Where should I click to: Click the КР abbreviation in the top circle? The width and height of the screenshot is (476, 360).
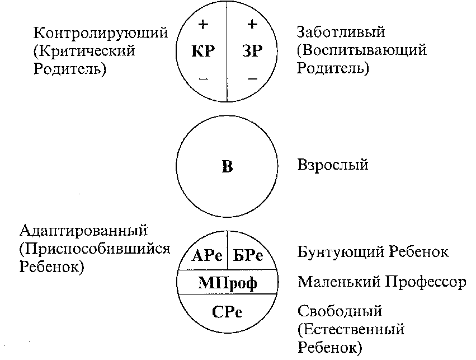click(x=203, y=51)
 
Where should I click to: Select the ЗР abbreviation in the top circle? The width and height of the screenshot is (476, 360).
click(x=252, y=51)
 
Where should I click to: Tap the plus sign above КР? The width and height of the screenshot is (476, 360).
click(x=203, y=24)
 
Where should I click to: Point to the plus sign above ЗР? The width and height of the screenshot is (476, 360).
click(x=252, y=24)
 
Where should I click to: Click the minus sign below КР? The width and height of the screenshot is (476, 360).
click(x=204, y=80)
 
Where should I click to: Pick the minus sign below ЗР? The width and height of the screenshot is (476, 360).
click(x=253, y=79)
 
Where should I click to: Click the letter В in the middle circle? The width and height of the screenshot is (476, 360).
click(x=228, y=166)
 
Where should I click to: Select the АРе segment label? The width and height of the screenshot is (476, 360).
click(x=207, y=255)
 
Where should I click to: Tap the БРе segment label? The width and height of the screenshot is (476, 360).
click(x=248, y=255)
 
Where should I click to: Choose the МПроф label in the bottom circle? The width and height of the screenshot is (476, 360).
click(x=228, y=283)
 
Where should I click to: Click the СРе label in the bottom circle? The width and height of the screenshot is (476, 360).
click(x=227, y=312)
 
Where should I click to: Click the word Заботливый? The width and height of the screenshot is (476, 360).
click(x=341, y=32)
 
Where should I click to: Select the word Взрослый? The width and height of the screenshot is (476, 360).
click(x=333, y=165)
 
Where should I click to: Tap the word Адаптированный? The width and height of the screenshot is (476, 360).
click(x=83, y=231)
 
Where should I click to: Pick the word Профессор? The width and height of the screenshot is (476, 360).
click(x=426, y=282)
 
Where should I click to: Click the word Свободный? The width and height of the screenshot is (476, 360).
click(x=340, y=311)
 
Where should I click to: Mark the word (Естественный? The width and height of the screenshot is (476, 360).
click(x=351, y=329)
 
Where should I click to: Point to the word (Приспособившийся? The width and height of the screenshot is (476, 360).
click(x=95, y=249)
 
